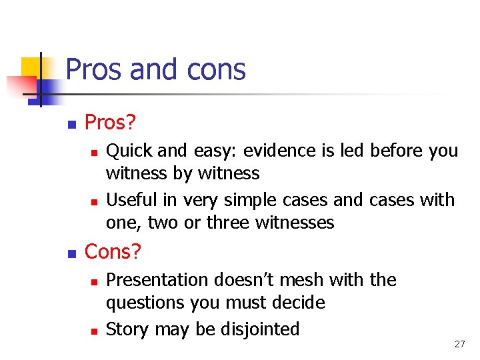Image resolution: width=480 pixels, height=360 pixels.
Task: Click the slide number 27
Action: click(459, 344)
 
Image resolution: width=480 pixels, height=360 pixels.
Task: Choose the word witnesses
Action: click(294, 223)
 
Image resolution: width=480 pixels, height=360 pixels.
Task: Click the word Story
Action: click(128, 329)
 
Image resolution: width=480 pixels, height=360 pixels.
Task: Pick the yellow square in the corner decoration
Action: click(31, 67)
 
